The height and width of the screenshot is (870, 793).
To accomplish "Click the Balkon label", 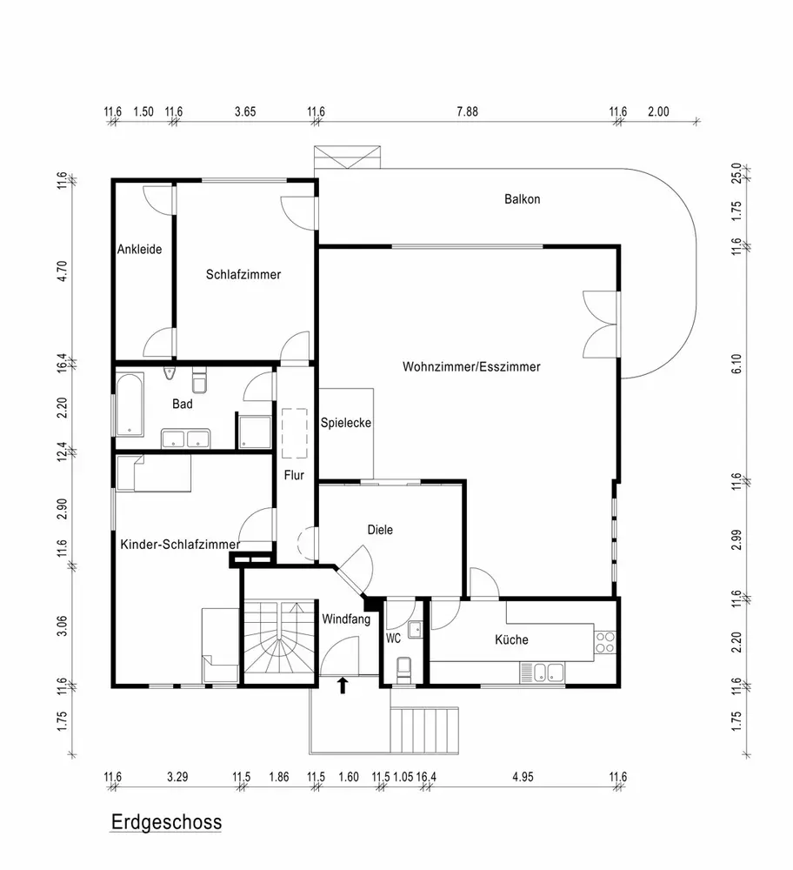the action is point(522,199).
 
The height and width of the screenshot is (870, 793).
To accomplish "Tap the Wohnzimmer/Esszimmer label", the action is point(471,367).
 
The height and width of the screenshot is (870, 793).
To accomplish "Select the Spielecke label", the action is point(346,423).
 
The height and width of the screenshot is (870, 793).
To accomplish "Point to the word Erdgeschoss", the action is point(166,822).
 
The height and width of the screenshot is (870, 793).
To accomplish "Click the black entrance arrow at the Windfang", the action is point(343,686).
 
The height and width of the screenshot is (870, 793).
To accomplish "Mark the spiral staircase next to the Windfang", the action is point(280,642).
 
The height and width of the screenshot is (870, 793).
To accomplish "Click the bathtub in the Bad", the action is point(130,405).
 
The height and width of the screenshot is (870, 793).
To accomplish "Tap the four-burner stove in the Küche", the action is point(604,642).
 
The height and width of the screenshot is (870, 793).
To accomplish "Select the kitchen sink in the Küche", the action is point(542,673).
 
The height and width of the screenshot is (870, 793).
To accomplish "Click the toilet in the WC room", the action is point(403,670).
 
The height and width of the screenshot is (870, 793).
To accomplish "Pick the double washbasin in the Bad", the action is point(185,438).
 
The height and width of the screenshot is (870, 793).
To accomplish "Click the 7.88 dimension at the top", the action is point(467,111).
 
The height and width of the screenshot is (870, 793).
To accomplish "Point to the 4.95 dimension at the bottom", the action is point(523,777).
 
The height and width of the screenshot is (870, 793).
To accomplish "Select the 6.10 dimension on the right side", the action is point(736,364).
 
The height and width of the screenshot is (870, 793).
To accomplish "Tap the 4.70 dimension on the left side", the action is point(62,271).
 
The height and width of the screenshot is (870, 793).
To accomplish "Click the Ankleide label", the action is point(139,249).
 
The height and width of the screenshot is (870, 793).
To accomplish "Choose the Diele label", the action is point(380,530).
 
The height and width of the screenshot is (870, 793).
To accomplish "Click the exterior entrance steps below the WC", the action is point(425,730).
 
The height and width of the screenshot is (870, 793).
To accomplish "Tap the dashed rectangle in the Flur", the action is point(295,433).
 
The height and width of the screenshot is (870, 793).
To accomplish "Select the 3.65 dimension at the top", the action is point(245,111).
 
